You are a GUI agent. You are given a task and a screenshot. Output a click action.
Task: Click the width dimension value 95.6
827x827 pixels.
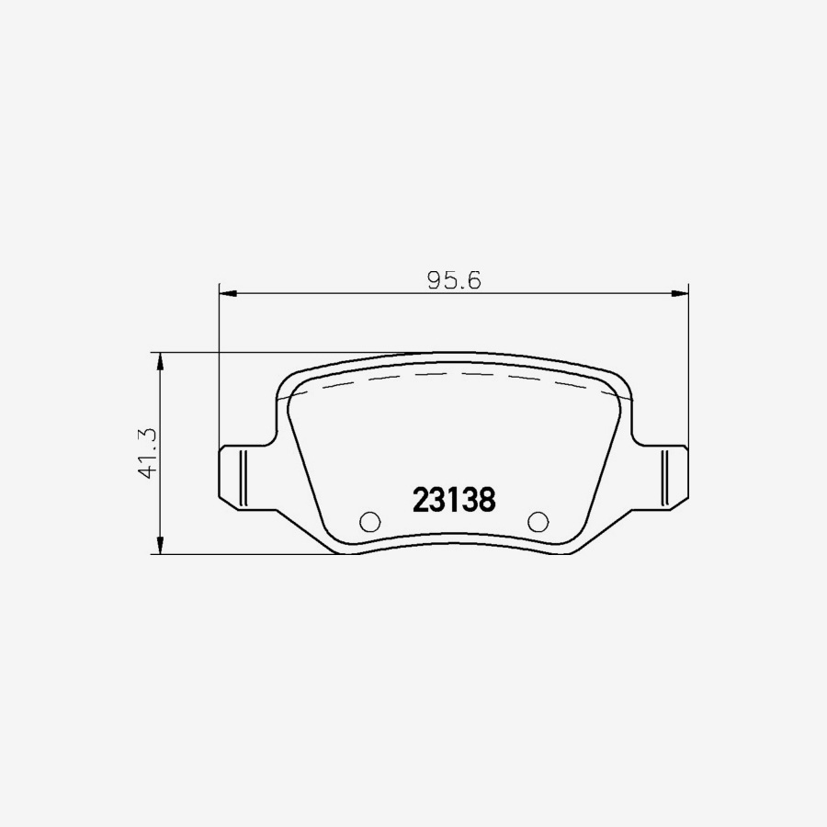coord(455,280)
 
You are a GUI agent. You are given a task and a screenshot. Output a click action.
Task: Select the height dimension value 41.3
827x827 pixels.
coord(145,453)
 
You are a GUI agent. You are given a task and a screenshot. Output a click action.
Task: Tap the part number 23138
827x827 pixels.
coord(454,500)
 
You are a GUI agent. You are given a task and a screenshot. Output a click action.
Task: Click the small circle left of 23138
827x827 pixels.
coord(369,521)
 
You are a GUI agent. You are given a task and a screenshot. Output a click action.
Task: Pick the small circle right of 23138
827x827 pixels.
coord(538,521)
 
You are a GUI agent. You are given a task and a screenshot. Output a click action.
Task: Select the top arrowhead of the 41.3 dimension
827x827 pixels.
coord(162,361)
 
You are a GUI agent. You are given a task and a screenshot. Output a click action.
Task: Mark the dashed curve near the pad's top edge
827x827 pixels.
coord(459,375)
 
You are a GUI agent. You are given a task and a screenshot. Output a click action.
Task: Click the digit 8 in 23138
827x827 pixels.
coord(487,500)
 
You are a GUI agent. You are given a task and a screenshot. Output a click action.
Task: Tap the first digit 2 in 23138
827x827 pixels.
coord(421,500)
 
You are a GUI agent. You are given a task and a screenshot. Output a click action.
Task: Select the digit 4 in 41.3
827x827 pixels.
coord(145,471)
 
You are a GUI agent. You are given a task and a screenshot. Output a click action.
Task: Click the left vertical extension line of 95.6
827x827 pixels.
coord(219,368)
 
